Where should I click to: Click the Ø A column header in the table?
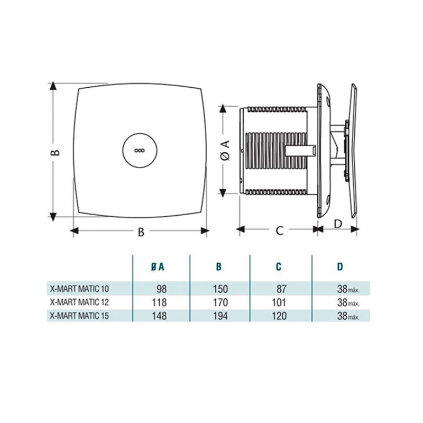coord(158,267)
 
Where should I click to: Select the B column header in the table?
coord(219,267)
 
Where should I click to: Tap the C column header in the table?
coord(279,267)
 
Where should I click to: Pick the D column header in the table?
coord(341,267)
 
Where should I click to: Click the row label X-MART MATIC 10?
coord(79,289)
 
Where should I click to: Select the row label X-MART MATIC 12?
coord(79,302)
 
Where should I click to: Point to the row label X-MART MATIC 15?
coord(79,315)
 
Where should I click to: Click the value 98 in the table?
coord(162,289)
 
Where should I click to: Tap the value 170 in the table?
coord(220,302)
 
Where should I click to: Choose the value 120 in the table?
coord(279,316)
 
